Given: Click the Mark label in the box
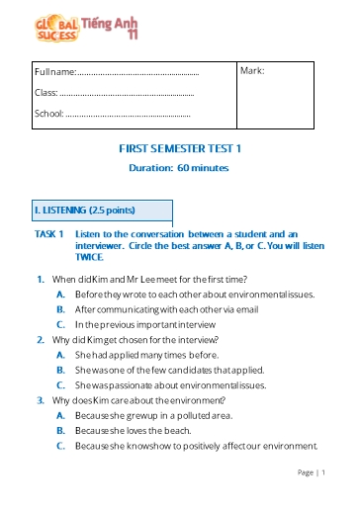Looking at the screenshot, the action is click(x=252, y=71).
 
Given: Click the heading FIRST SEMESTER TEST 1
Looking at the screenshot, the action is click(x=179, y=148).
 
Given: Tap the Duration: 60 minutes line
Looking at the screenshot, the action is click(x=179, y=168).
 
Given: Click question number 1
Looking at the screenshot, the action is click(x=40, y=279).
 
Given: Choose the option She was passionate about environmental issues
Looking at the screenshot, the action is click(x=169, y=383).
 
